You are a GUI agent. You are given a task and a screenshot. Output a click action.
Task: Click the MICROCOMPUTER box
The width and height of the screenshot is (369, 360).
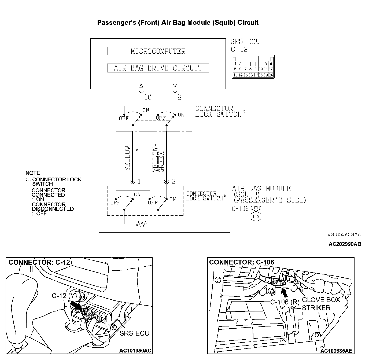coord(158,51)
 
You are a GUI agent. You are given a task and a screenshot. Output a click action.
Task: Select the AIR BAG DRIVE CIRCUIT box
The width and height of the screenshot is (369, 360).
coord(158,68)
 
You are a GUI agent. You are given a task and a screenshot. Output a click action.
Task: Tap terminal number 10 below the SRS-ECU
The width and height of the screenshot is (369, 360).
coord(148,97)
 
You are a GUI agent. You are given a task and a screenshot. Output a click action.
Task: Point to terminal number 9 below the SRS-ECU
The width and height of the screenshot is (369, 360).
coord(179,97)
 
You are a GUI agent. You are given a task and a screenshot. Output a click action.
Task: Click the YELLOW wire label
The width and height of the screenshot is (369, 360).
coord(127,158)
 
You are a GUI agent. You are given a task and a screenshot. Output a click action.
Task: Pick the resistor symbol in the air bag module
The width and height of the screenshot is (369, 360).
coord(141,223)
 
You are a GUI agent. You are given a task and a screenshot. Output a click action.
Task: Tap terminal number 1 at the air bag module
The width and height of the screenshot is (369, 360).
coord(139,182)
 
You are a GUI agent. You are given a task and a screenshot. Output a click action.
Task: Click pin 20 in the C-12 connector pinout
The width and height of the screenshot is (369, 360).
coord(271,75)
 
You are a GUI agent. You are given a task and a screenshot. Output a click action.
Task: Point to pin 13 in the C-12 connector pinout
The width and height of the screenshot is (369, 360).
coord(235,75)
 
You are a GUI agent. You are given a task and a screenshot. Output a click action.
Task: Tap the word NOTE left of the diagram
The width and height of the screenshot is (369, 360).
coord(32,173)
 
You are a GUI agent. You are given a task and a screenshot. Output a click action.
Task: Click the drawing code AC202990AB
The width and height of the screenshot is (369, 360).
coord(345,244)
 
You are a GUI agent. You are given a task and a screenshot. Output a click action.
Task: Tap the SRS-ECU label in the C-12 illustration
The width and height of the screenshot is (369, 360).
coord(134,333)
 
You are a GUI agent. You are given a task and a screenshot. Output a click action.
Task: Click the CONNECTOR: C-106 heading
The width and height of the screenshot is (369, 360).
coord(242,262)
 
